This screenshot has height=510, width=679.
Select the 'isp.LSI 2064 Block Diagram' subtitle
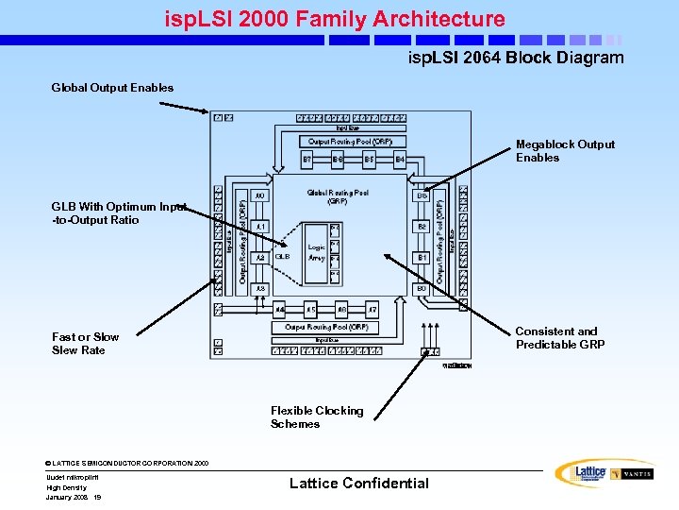pyautogui.click(x=515, y=58)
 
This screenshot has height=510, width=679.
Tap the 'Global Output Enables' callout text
pyautogui.click(x=112, y=88)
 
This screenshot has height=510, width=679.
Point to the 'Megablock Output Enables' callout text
pyautogui.click(x=564, y=151)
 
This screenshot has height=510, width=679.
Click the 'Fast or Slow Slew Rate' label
pyautogui.click(x=86, y=343)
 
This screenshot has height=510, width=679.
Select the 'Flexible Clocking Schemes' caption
pyautogui.click(x=316, y=417)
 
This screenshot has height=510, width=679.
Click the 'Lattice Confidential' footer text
pyautogui.click(x=358, y=484)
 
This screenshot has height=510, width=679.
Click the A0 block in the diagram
pyautogui.click(x=261, y=196)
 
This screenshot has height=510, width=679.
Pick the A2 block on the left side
pyautogui.click(x=261, y=257)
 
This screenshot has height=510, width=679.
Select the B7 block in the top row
pyautogui.click(x=307, y=161)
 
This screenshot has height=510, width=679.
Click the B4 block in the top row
pyautogui.click(x=399, y=161)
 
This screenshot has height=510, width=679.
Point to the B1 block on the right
pyautogui.click(x=422, y=257)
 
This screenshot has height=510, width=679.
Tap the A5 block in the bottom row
pyautogui.click(x=310, y=309)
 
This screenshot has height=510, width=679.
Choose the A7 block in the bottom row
pyautogui.click(x=373, y=309)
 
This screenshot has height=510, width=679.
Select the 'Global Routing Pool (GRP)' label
pyautogui.click(x=337, y=196)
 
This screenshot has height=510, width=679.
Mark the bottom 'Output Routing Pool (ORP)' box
pyautogui.click(x=326, y=327)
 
